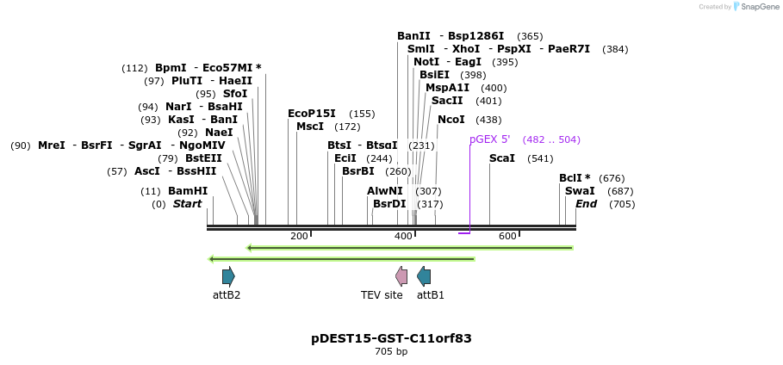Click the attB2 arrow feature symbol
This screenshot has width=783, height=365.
tap(228, 276)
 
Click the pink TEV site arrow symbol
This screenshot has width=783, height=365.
tap(401, 276)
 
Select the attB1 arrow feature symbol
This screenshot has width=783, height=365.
tap(424, 276)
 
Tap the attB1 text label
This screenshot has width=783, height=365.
tap(431, 295)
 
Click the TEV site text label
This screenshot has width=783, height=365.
tap(382, 295)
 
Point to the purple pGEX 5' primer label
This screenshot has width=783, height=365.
tap(489, 139)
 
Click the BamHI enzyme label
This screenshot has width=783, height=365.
tap(188, 191)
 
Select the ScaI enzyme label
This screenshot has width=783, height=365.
tap(502, 158)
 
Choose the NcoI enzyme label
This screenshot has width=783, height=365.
tap(451, 120)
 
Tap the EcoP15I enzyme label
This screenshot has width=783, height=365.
tap(312, 114)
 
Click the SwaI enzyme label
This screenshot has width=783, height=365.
tap(580, 191)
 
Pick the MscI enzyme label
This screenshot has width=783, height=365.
tap(310, 127)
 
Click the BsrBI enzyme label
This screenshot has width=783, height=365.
tap(358, 171)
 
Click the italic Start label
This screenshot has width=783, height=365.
tap(187, 204)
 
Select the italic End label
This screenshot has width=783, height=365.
tap(587, 204)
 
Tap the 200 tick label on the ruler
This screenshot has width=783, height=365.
tap(299, 237)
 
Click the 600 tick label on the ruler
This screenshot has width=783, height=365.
tap(507, 237)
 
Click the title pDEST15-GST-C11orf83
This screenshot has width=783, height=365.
tap(391, 338)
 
